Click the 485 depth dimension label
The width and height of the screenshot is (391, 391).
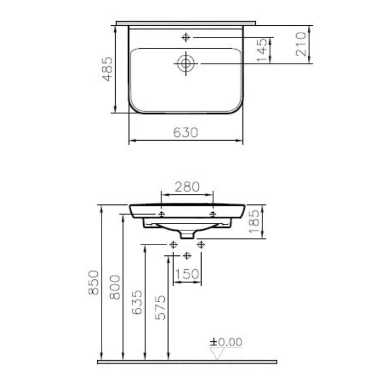[x=107, y=69]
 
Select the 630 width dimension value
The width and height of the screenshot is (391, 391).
[x=185, y=132]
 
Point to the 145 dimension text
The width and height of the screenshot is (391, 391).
[x=263, y=51]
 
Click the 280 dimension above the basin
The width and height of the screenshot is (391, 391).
[x=187, y=187]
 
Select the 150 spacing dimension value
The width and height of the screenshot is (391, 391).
[x=187, y=274]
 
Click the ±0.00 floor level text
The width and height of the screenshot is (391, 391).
[x=226, y=342]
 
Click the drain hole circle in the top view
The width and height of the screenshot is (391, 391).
[x=185, y=63]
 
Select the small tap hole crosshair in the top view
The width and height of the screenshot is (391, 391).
[x=185, y=37]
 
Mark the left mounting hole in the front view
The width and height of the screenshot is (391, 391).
[x=161, y=214]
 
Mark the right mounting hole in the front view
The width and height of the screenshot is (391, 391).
[x=213, y=214]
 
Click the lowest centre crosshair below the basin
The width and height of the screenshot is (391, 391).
[x=187, y=255]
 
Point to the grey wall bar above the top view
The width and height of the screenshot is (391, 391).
[x=185, y=23]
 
